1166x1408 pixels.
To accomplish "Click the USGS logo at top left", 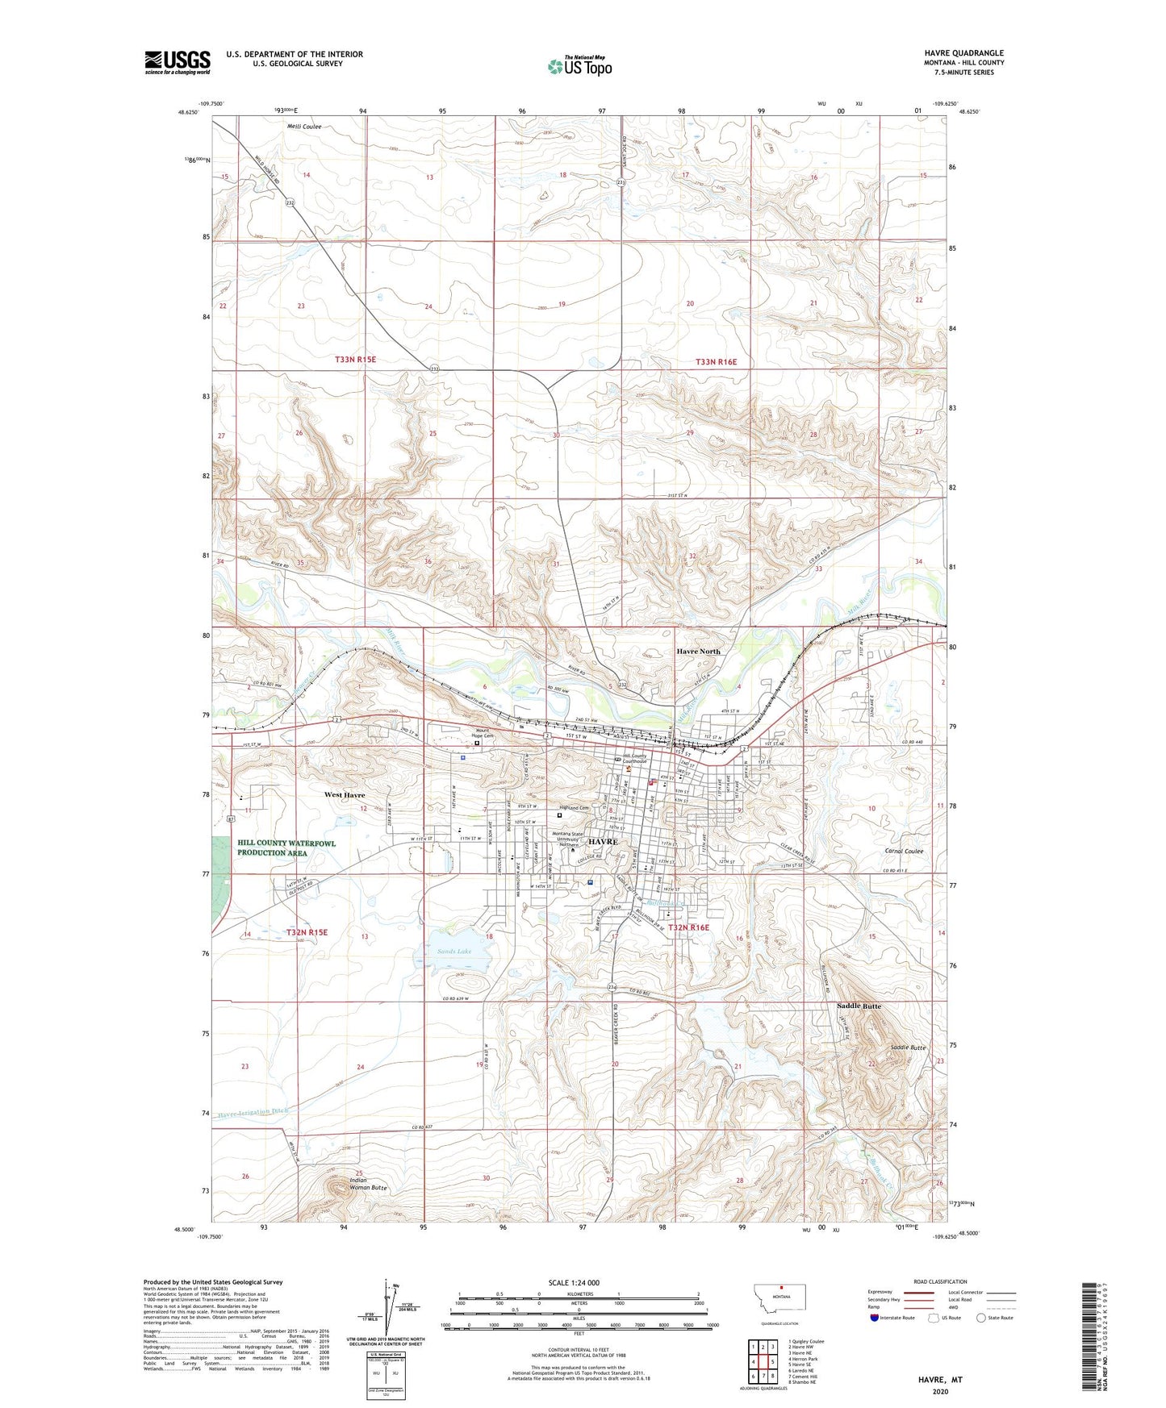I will (x=177, y=62).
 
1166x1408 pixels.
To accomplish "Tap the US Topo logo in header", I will (x=579, y=65).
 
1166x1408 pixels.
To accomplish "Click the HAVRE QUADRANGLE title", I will (x=963, y=53).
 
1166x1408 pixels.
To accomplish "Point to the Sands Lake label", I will (x=454, y=952).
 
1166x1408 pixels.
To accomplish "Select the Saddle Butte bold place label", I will (x=859, y=1006).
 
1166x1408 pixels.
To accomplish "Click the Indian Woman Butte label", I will (x=368, y=1185).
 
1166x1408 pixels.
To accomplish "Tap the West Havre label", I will (x=345, y=795).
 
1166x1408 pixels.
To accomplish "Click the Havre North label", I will (x=698, y=652).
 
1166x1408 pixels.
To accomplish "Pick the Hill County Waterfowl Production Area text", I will (x=286, y=848).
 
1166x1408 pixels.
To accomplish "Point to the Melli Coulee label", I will (x=304, y=127).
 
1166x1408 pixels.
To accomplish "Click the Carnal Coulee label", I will (x=902, y=851).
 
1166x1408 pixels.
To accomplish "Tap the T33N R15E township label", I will (x=355, y=360).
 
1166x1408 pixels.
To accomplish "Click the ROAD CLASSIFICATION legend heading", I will (x=940, y=1281).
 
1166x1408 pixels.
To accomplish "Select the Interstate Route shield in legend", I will (x=876, y=1318).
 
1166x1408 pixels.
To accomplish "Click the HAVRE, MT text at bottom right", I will (x=940, y=1380).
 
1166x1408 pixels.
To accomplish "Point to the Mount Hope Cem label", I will (x=483, y=735).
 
